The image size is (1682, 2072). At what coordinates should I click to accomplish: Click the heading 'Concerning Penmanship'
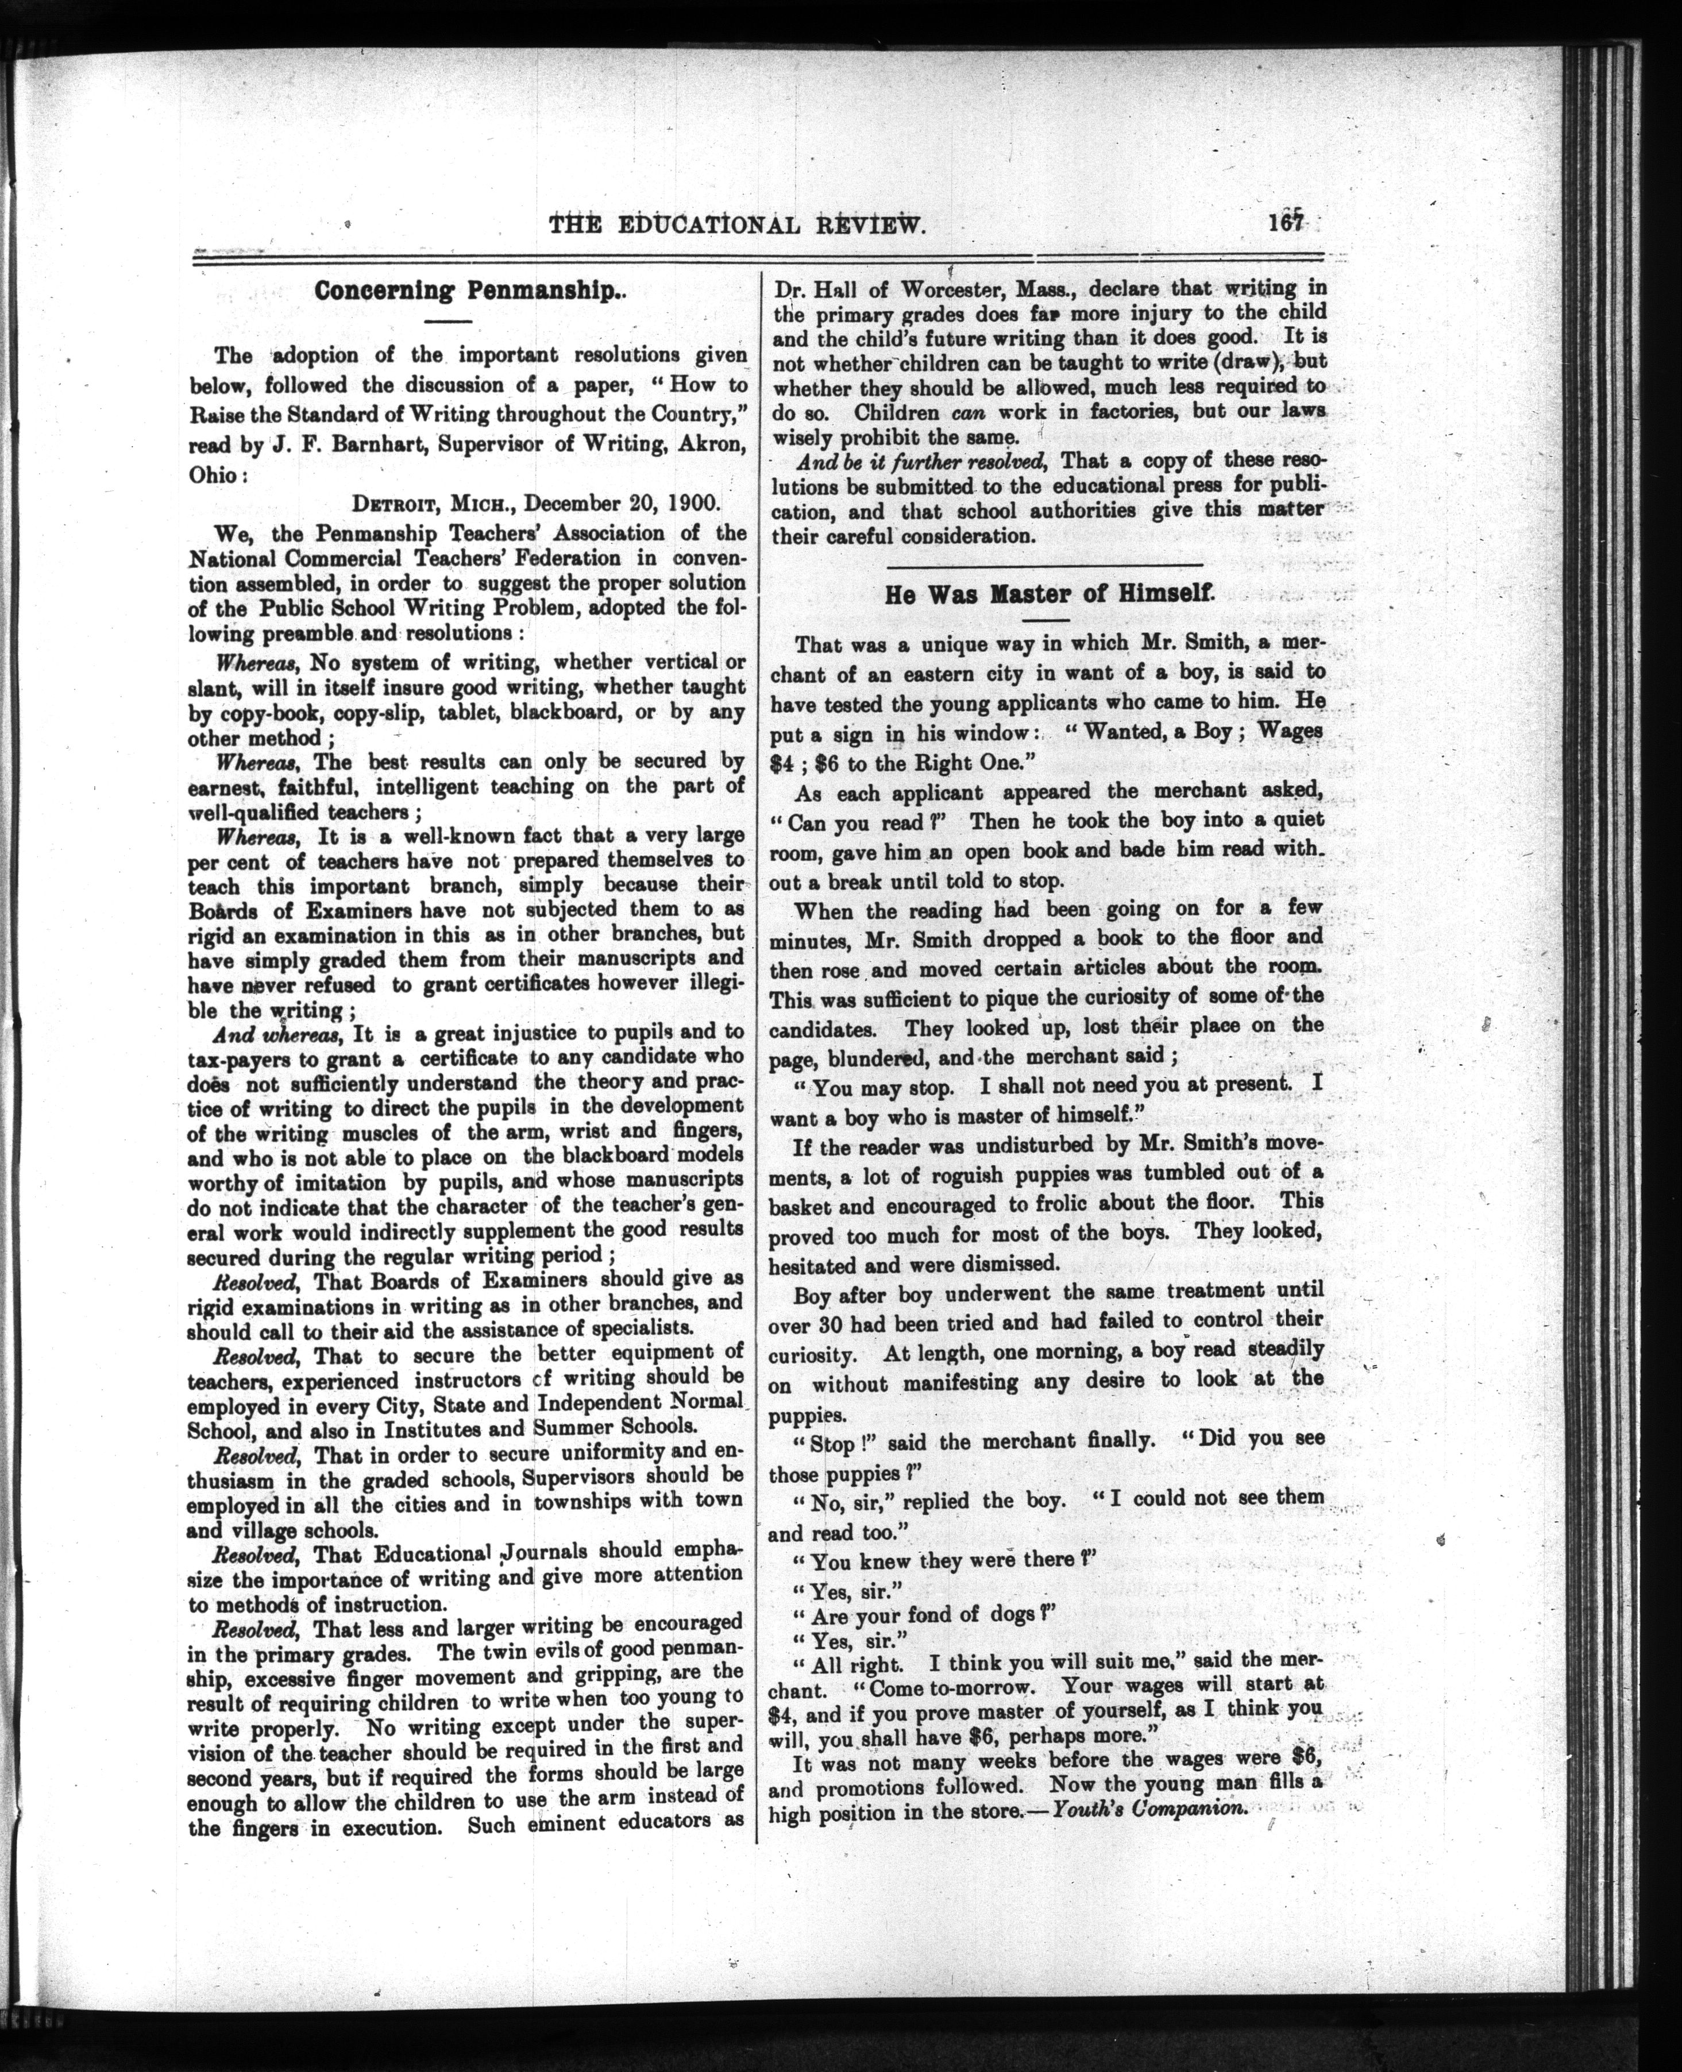468,291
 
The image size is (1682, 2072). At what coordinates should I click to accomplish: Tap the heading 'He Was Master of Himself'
1047,594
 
